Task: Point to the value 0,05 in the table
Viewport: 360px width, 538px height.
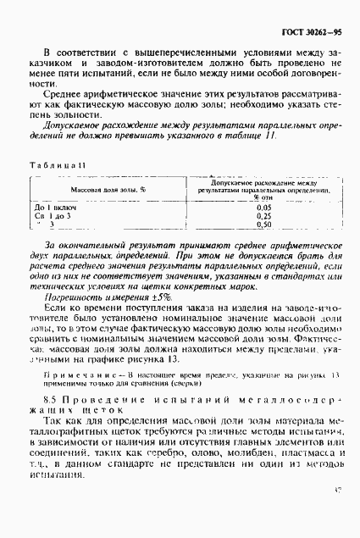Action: pyautogui.click(x=263, y=208)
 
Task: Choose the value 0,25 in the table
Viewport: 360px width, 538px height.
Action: pyautogui.click(x=263, y=217)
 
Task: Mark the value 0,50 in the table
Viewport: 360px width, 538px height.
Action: pyautogui.click(x=263, y=226)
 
